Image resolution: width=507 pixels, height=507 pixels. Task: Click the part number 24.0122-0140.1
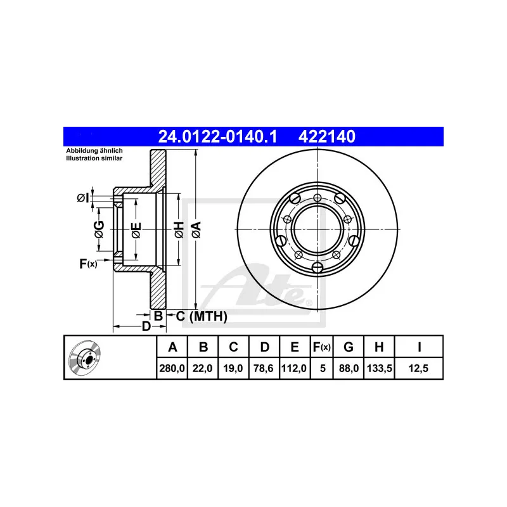pyautogui.click(x=217, y=136)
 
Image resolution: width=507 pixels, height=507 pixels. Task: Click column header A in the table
pyautogui.click(x=171, y=347)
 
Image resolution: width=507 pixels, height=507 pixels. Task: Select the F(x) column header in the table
pyautogui.click(x=321, y=347)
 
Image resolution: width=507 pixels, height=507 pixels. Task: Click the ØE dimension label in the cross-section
pyautogui.click(x=135, y=230)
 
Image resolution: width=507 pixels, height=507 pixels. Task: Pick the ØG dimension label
pyautogui.click(x=99, y=231)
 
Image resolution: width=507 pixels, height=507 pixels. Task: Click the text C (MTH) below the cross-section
pyautogui.click(x=201, y=316)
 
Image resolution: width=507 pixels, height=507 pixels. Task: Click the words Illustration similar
pyautogui.click(x=94, y=158)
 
